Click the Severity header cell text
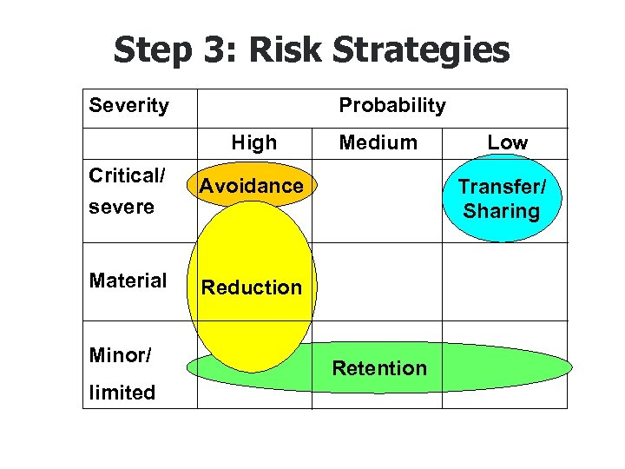pos(128,106)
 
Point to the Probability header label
pos(391,106)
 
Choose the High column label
pos(253,142)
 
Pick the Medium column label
pos(378,142)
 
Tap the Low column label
pos(507,142)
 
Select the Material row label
pos(128,281)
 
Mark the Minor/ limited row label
pos(122,373)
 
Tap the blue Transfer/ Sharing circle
pos(501,199)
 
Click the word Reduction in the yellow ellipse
pos(252,287)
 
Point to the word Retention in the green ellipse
pos(379,368)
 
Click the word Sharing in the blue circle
pos(501,211)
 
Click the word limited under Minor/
pos(122,393)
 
